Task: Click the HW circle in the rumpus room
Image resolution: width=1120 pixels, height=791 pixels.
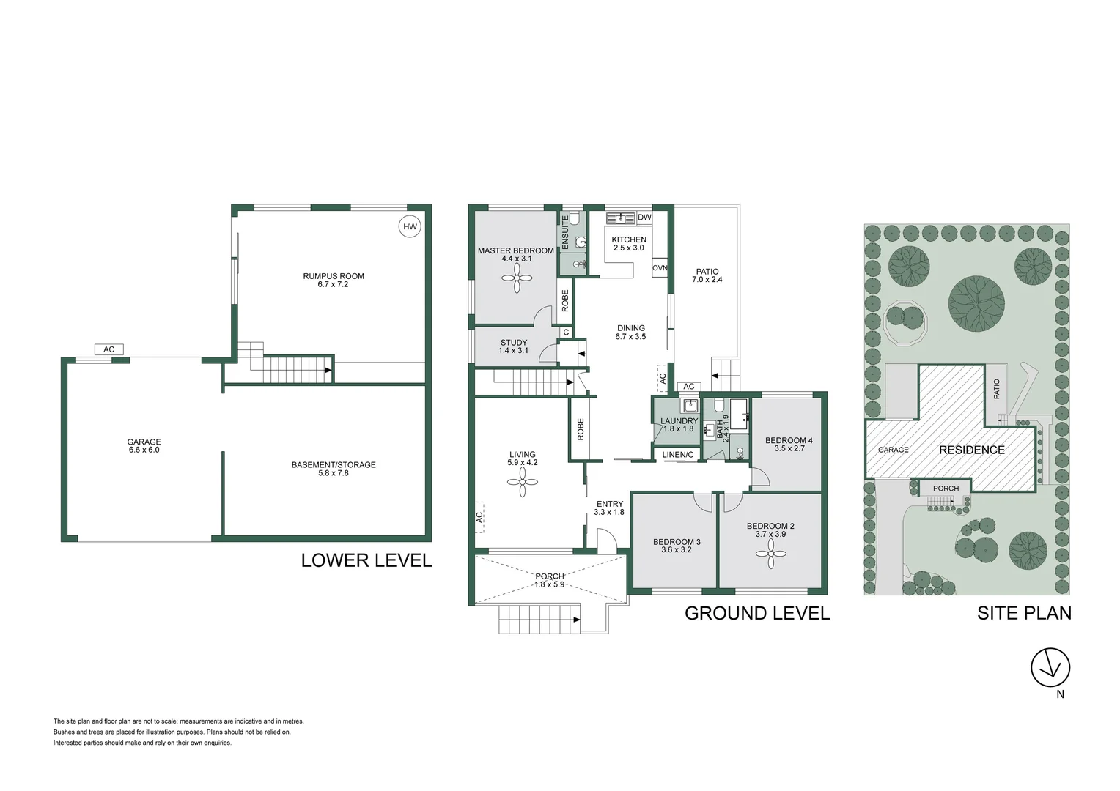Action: coord(410,226)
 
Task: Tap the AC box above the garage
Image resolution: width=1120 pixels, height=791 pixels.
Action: coord(108,349)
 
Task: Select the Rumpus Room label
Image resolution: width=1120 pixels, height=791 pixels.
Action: coord(334,280)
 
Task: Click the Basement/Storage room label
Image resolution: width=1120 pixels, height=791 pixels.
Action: coord(334,469)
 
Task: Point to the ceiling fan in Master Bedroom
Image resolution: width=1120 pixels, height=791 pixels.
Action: coord(517,278)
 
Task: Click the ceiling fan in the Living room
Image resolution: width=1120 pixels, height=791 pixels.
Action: coord(523,482)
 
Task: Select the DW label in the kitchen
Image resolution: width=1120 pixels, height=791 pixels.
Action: coord(644,218)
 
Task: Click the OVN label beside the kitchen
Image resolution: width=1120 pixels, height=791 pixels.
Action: coord(660,268)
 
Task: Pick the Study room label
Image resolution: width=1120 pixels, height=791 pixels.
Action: coord(514,346)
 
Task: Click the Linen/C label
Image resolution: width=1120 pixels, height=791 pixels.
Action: coord(678,455)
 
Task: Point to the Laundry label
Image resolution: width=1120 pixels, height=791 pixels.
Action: coord(679,424)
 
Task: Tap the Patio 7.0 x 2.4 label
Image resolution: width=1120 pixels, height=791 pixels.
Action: coord(707,275)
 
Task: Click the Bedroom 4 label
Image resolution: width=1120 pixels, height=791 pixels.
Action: coord(789,444)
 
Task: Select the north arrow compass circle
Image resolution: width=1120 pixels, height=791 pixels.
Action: coord(1050,668)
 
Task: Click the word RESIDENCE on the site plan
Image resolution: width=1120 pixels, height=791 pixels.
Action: coord(972,450)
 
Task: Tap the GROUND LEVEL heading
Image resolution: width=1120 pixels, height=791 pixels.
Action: coord(757,613)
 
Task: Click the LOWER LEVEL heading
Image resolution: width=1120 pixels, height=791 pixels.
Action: coord(366,560)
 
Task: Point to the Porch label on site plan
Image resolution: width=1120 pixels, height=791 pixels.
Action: coord(946,488)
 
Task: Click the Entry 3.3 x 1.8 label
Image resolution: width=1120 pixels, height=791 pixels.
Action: coord(609,508)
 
